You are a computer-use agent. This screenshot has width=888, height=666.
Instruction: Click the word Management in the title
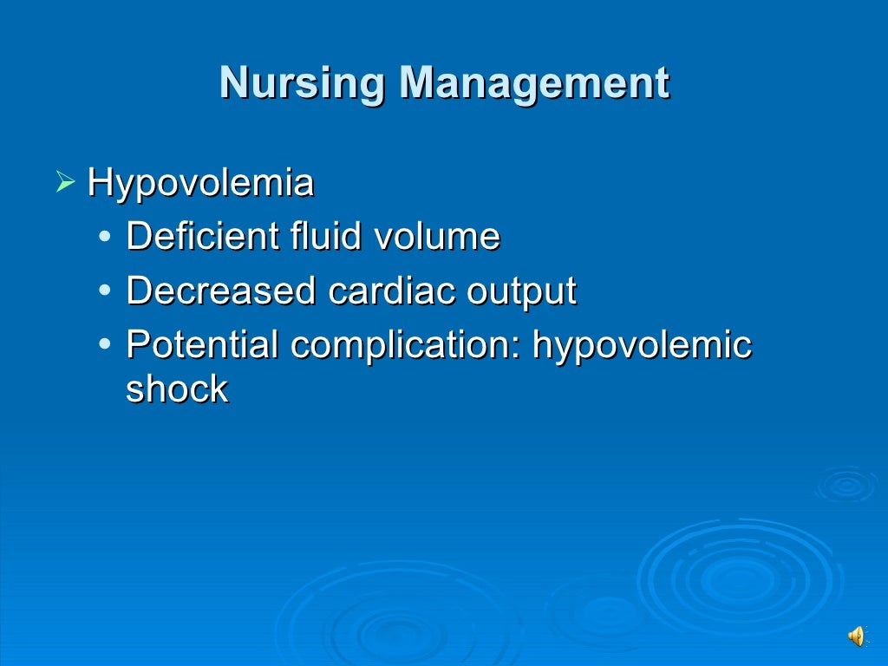(534, 84)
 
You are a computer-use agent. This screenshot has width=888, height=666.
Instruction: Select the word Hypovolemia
(200, 183)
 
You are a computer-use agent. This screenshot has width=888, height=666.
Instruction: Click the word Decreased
(221, 291)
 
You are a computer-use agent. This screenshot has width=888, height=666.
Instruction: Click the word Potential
(202, 345)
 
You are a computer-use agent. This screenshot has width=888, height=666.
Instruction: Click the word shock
(177, 389)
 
